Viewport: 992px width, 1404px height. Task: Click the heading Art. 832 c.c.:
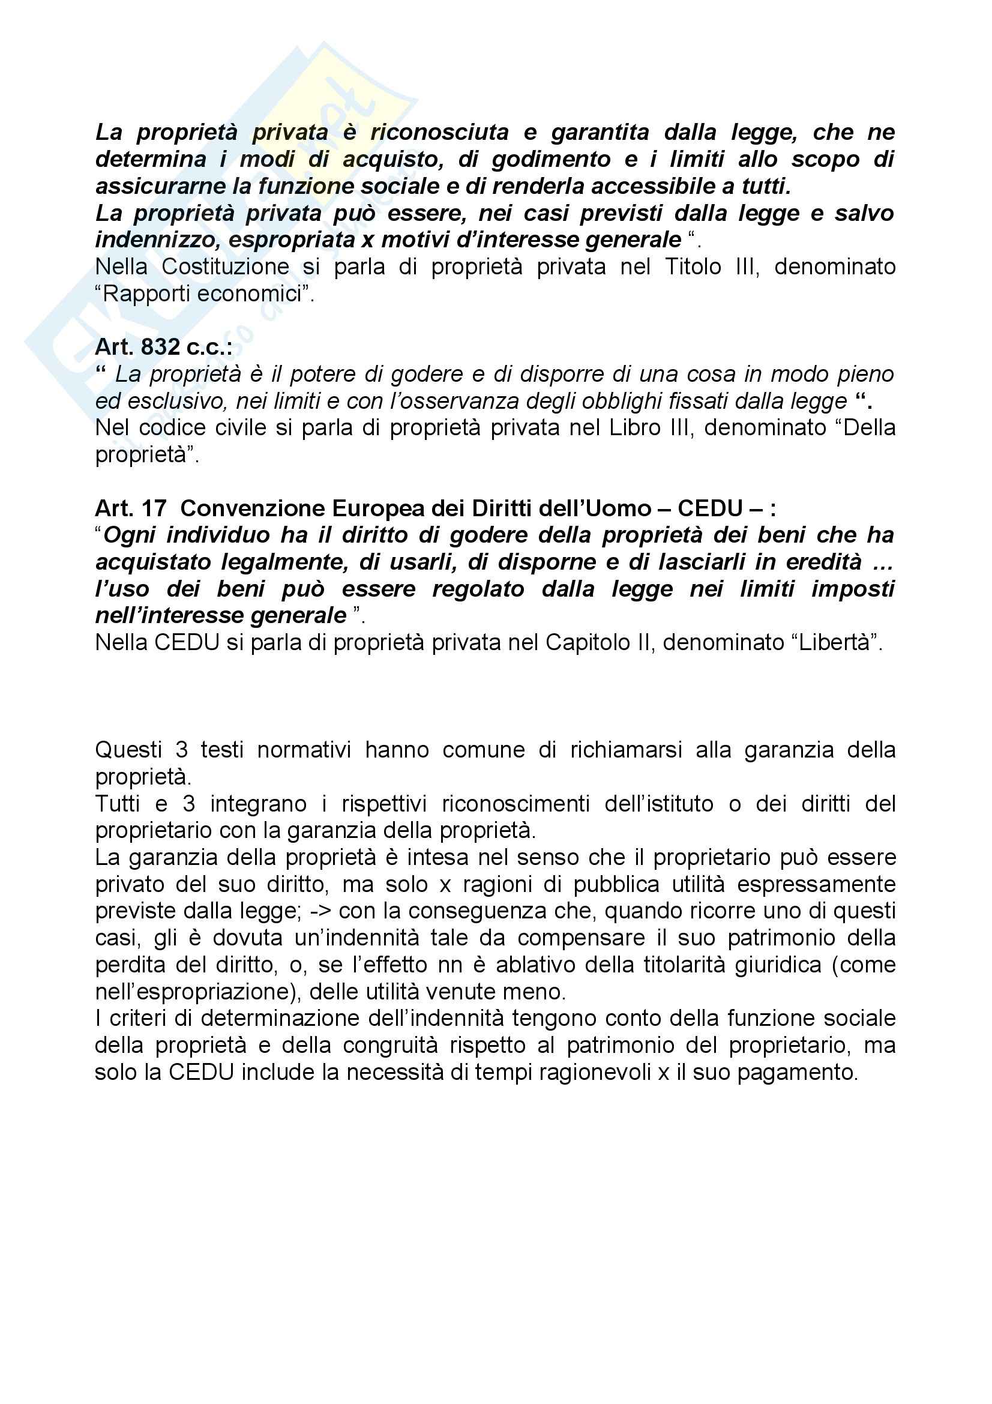coord(163,348)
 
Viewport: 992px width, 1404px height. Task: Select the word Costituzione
coord(225,267)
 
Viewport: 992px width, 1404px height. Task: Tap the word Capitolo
coord(582,643)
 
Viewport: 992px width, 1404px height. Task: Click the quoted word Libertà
coord(834,643)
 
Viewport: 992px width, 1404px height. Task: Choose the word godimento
coord(551,160)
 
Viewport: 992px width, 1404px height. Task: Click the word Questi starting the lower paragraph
coord(128,750)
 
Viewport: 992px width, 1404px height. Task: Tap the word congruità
coord(390,1046)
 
